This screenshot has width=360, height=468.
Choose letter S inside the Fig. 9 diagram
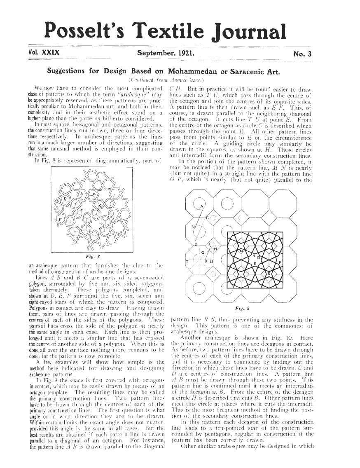pyautogui.click(x=270, y=275)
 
